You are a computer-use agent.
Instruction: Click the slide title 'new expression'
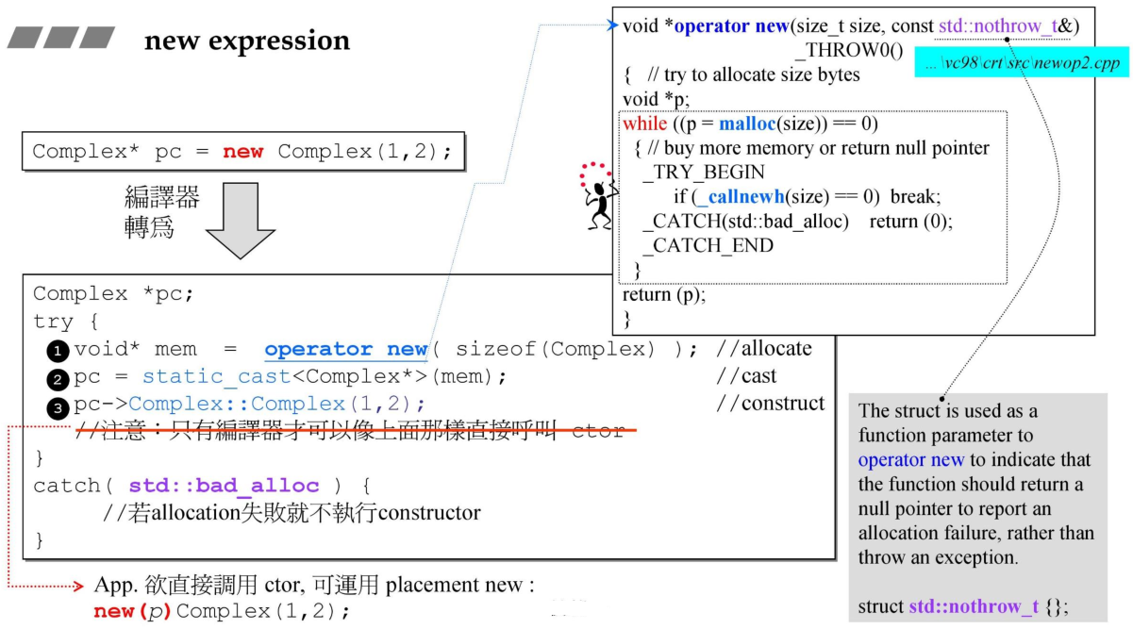(x=246, y=41)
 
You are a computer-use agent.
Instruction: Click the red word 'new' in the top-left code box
(x=242, y=152)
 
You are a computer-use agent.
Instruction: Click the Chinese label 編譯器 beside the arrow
(x=161, y=197)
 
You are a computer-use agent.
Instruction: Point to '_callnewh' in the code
(x=737, y=197)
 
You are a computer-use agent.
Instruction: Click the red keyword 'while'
(x=644, y=124)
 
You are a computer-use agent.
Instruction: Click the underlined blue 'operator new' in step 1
(x=345, y=349)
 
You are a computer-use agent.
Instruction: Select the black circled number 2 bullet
(x=58, y=379)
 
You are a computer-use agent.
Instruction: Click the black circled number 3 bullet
(x=58, y=406)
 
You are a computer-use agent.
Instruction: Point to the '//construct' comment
(x=770, y=404)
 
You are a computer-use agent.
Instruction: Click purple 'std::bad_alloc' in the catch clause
(x=224, y=486)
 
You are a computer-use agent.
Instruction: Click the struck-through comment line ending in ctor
(x=349, y=431)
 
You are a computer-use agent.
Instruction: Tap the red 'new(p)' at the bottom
(x=131, y=610)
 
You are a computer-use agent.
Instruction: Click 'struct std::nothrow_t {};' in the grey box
(x=963, y=606)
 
